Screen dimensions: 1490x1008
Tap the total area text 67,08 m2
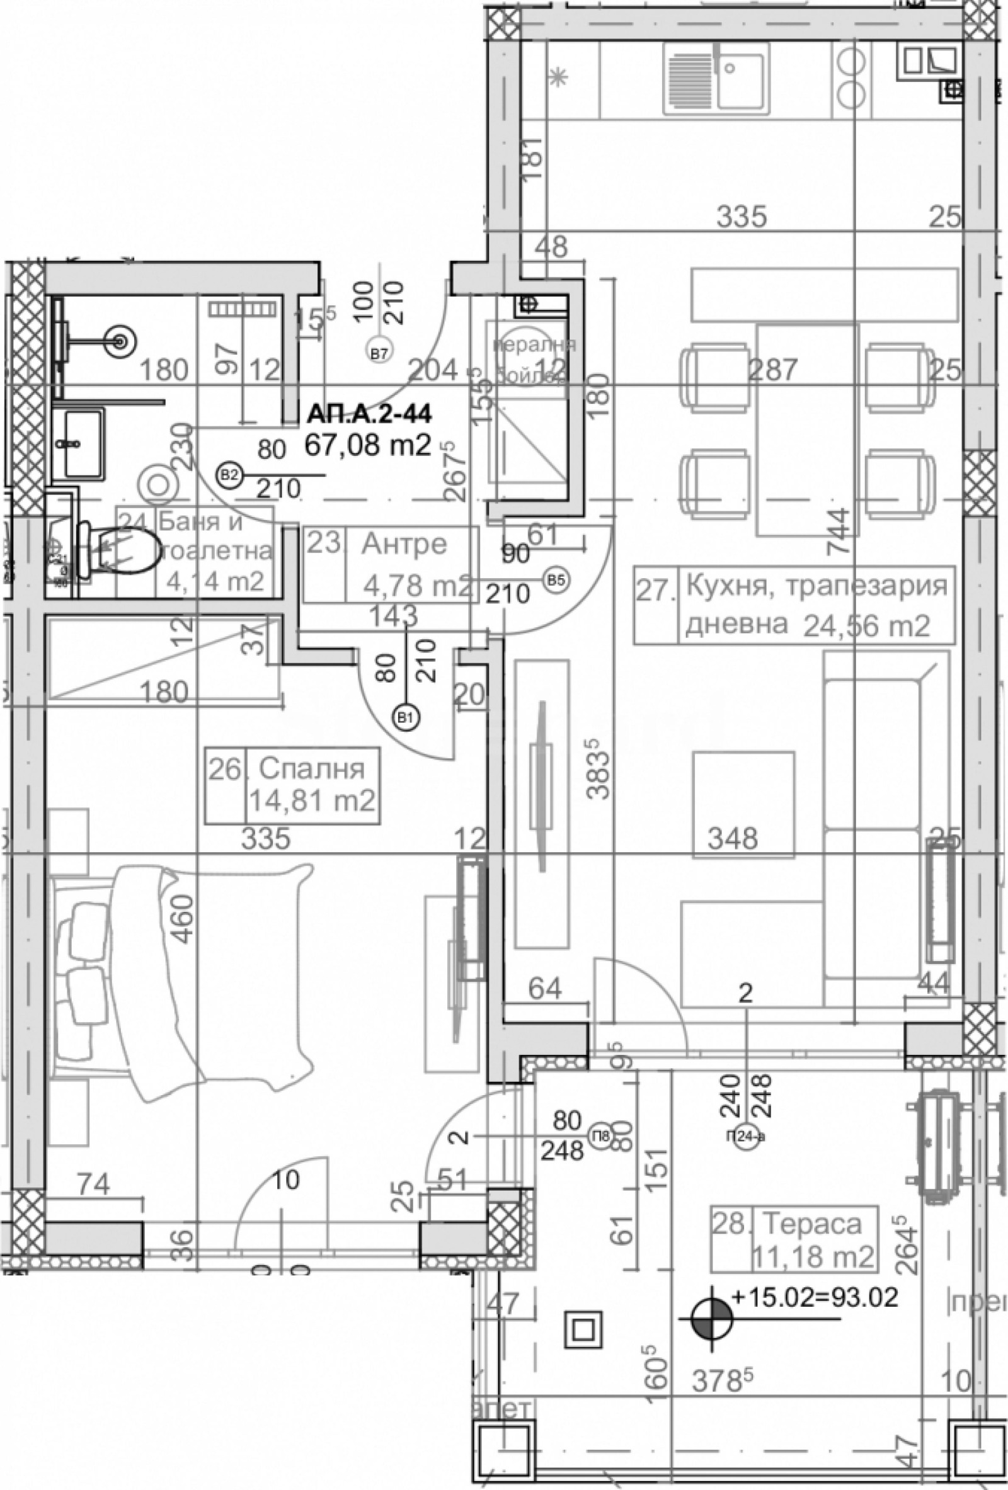pyautogui.click(x=367, y=445)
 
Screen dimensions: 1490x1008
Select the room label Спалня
pyautogui.click(x=312, y=768)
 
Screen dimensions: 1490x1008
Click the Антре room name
pyautogui.click(x=404, y=544)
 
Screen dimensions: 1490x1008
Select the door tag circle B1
pyautogui.click(x=405, y=717)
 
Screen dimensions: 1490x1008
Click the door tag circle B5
pyautogui.click(x=556, y=579)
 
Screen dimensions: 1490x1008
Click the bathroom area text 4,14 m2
pyautogui.click(x=215, y=581)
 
